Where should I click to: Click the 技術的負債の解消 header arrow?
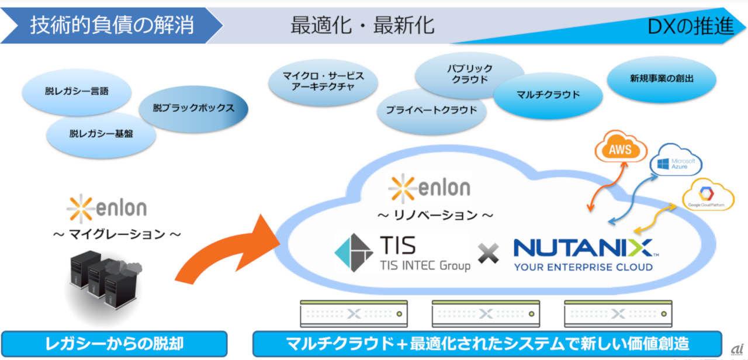point(111,26)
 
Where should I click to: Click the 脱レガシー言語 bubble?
point(77,92)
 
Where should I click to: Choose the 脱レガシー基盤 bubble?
point(101,134)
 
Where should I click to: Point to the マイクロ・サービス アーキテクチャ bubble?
point(323,82)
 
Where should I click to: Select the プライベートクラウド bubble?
point(431,110)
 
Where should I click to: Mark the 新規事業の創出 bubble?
point(662,78)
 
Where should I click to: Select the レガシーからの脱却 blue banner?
point(114,344)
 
